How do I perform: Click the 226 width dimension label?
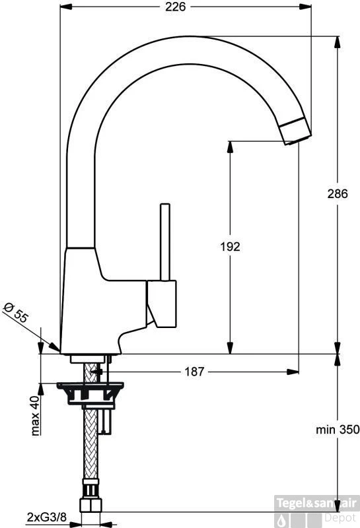coord(175,7)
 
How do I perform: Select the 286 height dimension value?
coord(338,193)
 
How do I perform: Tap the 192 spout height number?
coord(231,247)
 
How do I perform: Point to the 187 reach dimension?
coord(194,372)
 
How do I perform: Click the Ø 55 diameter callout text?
coord(16,313)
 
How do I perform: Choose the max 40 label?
coord(35,416)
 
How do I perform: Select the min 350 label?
coord(338,430)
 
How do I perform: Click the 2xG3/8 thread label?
coord(47,517)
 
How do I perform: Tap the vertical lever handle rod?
coord(165,242)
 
